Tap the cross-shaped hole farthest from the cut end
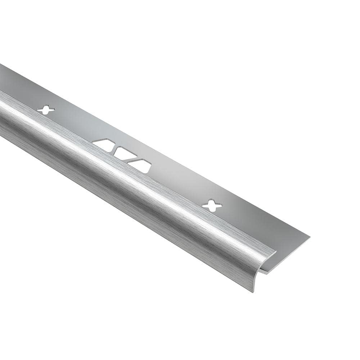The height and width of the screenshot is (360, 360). [46, 110]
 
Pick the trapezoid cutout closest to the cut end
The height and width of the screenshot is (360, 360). [141, 165]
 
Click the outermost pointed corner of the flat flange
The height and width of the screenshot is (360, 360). [309, 237]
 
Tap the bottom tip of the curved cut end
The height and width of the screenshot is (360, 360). [254, 291]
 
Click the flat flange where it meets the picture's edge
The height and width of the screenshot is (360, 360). [2, 77]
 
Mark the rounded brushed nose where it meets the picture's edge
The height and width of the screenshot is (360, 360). [2, 115]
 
